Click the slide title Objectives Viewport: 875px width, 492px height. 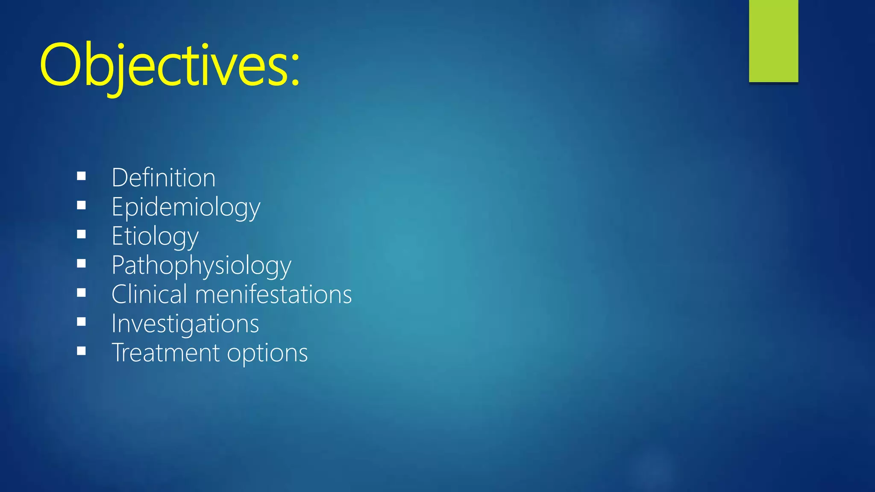point(170,65)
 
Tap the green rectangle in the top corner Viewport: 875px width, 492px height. point(773,41)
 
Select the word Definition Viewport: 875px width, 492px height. point(164,178)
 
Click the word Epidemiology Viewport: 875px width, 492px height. point(186,208)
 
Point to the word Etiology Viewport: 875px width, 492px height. point(155,236)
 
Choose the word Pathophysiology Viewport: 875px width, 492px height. point(201,266)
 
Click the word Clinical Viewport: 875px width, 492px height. point(149,294)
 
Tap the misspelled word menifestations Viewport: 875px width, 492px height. point(273,294)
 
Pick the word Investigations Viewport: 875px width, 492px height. point(185,324)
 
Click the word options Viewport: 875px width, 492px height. point(267,354)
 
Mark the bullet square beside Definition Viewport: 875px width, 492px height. point(81,176)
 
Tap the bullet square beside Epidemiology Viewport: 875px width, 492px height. point(81,205)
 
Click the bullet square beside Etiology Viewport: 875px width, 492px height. point(81,234)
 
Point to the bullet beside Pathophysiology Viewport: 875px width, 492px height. point(81,264)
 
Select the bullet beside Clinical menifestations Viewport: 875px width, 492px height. point(81,293)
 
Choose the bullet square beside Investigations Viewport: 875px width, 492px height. point(81,322)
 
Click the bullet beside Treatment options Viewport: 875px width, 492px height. point(81,351)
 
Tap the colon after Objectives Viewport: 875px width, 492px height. point(295,70)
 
